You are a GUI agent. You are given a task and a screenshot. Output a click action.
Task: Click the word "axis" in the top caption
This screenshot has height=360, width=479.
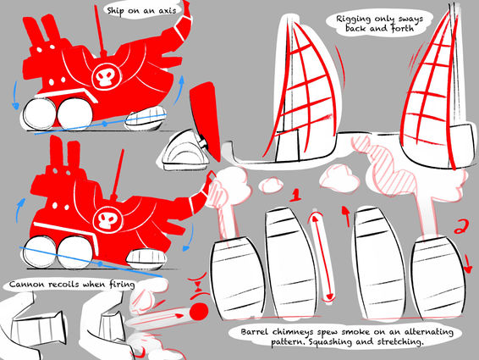168,11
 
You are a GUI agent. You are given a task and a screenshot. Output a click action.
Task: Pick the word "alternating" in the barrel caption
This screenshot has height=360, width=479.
429,332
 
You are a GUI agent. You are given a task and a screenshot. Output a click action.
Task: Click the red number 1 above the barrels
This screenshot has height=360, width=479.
295,195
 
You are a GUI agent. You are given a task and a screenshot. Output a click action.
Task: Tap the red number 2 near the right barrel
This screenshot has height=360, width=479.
460,226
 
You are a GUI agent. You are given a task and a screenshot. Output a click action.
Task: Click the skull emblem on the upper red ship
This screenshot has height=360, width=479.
104,76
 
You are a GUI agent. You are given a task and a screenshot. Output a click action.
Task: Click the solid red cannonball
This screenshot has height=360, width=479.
199,312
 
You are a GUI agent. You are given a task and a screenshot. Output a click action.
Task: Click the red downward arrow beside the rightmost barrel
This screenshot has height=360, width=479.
467,263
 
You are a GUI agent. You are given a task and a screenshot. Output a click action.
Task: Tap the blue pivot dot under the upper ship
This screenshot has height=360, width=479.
104,124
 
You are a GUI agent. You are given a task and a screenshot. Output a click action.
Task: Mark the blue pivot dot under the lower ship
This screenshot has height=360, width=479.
100,263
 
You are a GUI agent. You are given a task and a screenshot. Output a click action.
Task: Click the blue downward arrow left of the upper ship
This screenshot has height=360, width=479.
14,96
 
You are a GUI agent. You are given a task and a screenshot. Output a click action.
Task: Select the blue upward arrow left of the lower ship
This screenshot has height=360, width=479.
19,209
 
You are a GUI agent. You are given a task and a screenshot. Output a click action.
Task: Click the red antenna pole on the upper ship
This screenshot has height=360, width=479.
100,30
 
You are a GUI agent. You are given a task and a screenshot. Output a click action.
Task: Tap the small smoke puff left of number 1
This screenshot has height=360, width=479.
270,186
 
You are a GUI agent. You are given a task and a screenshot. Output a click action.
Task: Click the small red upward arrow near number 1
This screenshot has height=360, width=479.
346,216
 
